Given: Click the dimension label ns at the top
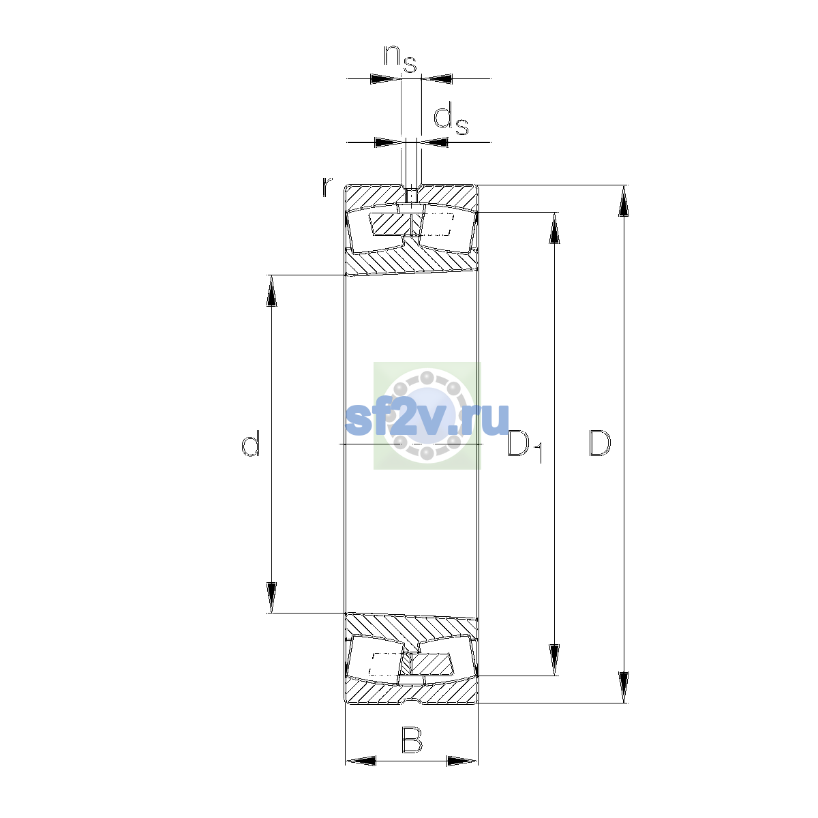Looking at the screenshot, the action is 400,59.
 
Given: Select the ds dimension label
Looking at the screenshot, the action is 451,120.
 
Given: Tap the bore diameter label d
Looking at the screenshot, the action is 250,443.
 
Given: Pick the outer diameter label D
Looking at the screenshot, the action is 600,444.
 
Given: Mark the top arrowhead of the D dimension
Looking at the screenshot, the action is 624,201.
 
